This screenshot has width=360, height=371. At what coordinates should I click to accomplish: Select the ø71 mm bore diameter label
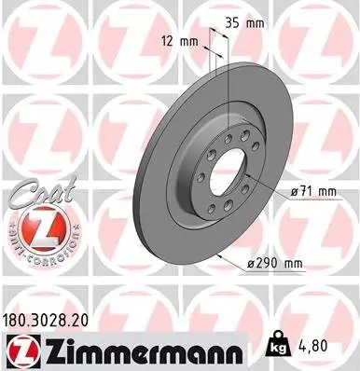click(x=312, y=192)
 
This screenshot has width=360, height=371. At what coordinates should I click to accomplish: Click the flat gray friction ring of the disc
click(x=177, y=186)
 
